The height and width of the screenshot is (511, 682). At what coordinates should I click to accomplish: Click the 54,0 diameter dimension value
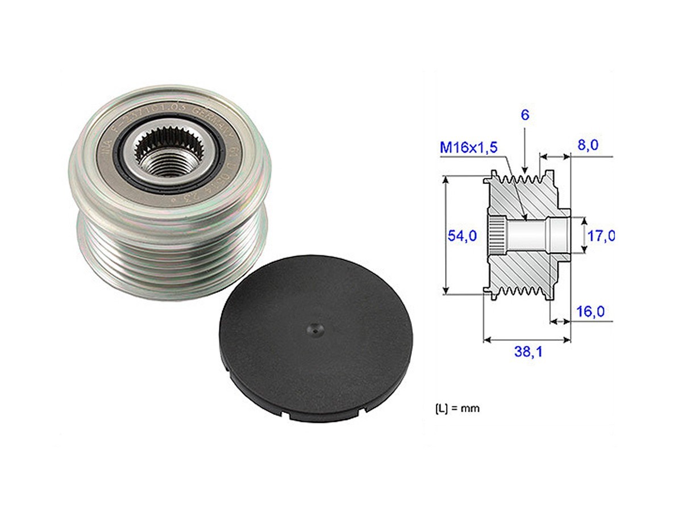[461, 236]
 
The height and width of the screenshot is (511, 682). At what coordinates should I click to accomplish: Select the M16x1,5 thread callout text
[469, 148]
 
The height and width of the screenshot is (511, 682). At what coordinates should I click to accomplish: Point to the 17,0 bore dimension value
[601, 235]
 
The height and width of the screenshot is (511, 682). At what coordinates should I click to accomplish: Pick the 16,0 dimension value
[590, 311]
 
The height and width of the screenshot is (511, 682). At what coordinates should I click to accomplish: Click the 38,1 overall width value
[528, 352]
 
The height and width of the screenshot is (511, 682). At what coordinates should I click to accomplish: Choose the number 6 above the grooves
[525, 115]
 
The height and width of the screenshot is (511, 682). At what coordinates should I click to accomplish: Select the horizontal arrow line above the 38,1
[526, 340]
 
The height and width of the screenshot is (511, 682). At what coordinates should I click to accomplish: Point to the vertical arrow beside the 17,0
[585, 235]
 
